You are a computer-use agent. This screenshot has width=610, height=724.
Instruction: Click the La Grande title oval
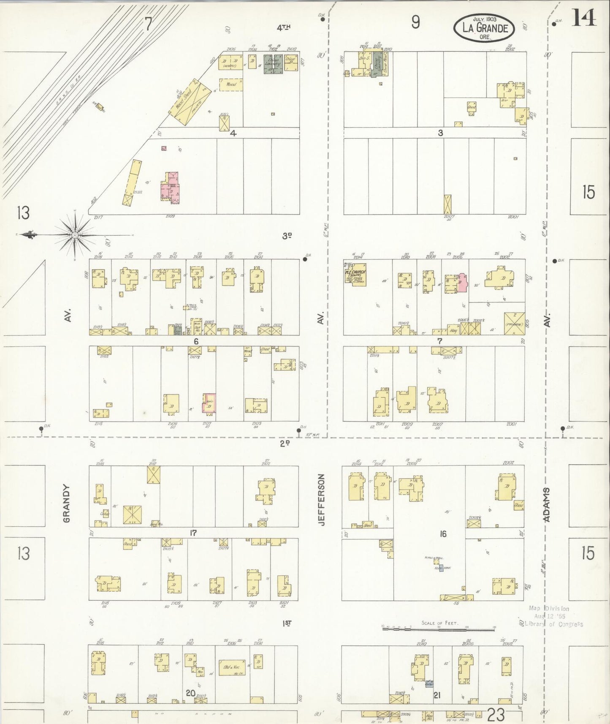484,28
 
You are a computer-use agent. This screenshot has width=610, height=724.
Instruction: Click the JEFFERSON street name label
322,500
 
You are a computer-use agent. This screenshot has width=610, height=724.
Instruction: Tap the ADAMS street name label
547,505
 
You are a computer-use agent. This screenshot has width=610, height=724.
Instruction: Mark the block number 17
193,533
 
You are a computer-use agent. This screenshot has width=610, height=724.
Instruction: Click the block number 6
196,341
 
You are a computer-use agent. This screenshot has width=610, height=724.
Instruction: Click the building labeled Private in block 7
514,324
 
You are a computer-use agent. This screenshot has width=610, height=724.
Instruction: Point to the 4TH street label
284,28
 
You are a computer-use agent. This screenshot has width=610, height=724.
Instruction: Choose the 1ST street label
287,623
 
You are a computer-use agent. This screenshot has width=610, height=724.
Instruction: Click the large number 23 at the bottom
496,715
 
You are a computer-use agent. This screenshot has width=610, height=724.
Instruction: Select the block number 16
442,534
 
